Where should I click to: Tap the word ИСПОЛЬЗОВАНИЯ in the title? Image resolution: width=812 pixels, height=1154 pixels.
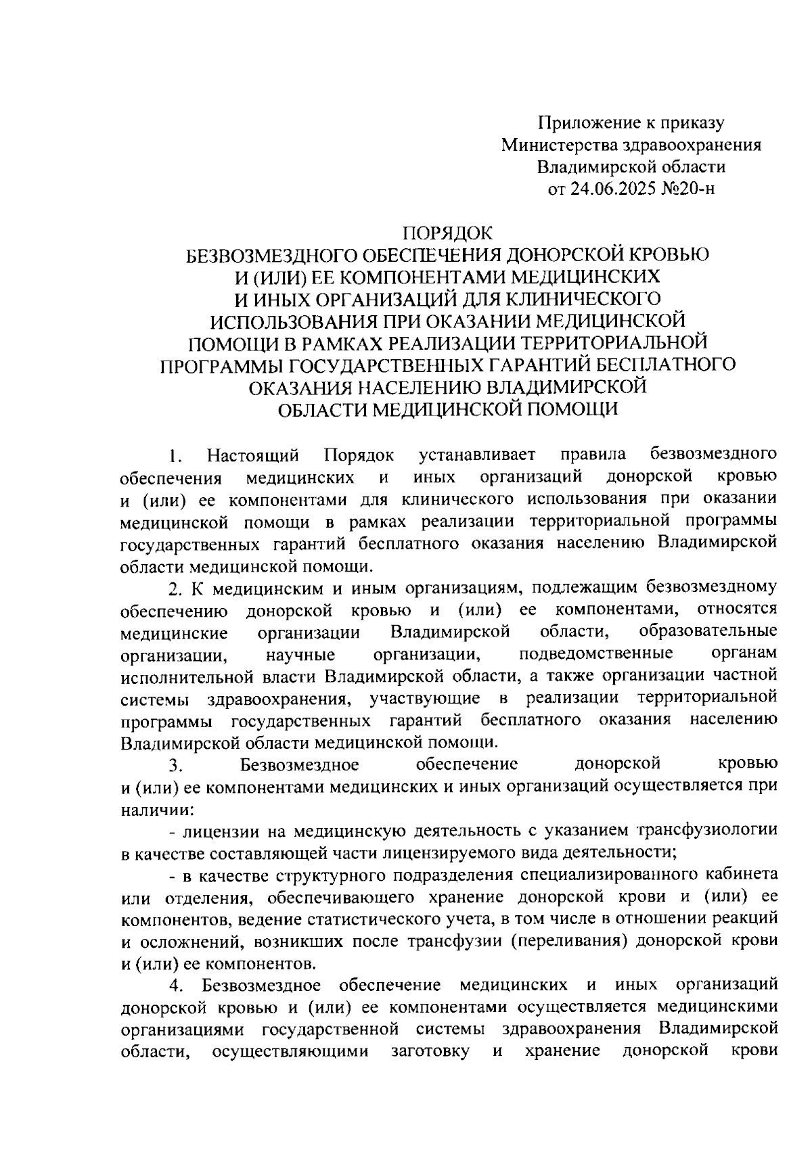click(x=292, y=321)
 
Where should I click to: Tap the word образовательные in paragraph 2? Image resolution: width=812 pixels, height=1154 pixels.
click(x=707, y=632)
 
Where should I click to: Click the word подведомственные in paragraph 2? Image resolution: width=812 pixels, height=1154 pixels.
click(x=595, y=654)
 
